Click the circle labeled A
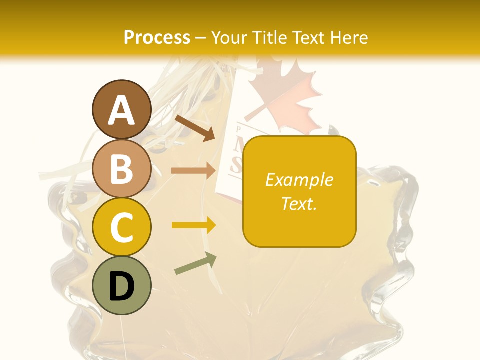tap(122, 110)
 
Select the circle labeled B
tap(122, 168)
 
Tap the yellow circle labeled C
tap(122, 227)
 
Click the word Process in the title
tap(157, 37)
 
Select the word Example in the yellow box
tap(299, 180)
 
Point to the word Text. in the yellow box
tap(299, 203)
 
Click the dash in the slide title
tap(201, 38)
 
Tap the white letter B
tap(122, 169)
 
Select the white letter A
tap(122, 110)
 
